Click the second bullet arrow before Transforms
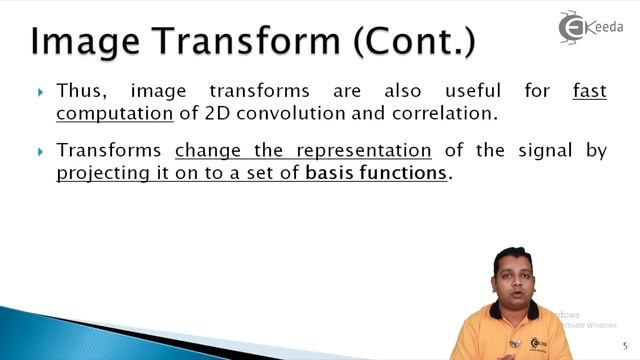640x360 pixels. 41,152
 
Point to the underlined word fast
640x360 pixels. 589,92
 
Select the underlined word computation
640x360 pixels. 115,113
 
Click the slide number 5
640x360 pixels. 624,343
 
